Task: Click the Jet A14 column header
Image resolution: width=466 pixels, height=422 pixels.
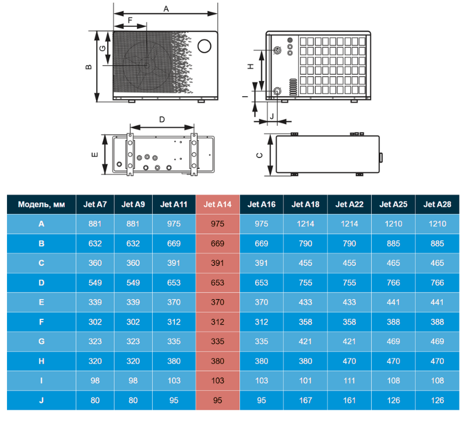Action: [x=217, y=205]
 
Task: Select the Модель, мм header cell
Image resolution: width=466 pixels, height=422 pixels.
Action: [x=41, y=205]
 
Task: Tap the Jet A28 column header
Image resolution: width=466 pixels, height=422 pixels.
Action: [x=437, y=205]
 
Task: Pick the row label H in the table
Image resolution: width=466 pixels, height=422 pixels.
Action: [x=41, y=361]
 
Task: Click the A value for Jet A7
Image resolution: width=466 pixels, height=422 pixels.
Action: [x=95, y=224]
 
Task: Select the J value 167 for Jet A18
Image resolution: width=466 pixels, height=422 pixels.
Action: [x=305, y=400]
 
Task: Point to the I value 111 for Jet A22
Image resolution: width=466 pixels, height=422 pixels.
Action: [x=349, y=381]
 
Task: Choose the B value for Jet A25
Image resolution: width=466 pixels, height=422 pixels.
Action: [x=393, y=244]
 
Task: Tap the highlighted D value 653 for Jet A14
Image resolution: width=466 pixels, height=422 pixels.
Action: [x=217, y=283]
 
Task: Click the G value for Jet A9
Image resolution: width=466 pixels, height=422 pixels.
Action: [x=133, y=342]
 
